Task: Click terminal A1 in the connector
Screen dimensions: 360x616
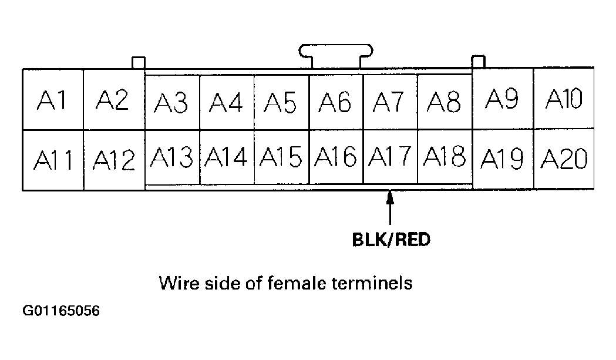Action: pyautogui.click(x=53, y=100)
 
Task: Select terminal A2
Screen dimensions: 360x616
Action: pyautogui.click(x=114, y=100)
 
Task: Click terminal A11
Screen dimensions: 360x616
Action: pyautogui.click(x=53, y=160)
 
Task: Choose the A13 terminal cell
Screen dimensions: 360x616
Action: pyautogui.click(x=171, y=157)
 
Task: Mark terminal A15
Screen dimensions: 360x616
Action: pyautogui.click(x=281, y=157)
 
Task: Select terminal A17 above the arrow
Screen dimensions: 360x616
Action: pyautogui.click(x=390, y=157)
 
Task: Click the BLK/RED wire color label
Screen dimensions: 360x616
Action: pyautogui.click(x=391, y=241)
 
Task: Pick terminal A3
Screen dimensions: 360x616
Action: pyautogui.click(x=171, y=103)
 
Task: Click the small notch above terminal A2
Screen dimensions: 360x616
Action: pyautogui.click(x=138, y=62)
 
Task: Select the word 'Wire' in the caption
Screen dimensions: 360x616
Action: pyautogui.click(x=176, y=284)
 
